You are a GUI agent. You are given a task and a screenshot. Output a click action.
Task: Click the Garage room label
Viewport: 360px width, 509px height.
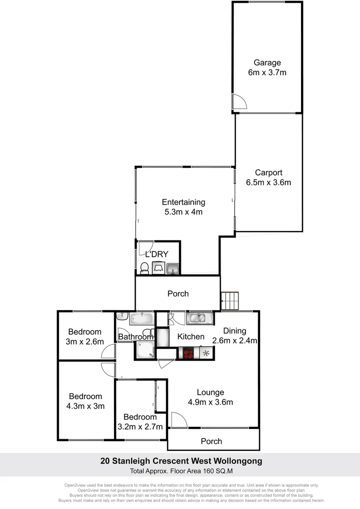[x=267, y=62]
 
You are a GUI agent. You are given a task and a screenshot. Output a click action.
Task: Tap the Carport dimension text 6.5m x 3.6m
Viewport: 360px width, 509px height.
[x=268, y=182]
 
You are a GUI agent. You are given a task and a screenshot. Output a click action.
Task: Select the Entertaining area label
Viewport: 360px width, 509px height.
[x=183, y=202]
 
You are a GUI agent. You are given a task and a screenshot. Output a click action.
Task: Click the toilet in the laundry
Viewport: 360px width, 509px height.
[x=145, y=268]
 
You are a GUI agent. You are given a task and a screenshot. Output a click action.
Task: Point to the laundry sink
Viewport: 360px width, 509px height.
[x=173, y=268]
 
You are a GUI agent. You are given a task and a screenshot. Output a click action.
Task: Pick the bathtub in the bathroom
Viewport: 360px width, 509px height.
[x=141, y=318]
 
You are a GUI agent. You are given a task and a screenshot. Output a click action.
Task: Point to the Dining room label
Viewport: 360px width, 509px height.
[x=234, y=331]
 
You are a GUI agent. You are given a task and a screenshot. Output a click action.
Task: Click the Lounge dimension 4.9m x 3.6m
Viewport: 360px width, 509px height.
[x=210, y=402]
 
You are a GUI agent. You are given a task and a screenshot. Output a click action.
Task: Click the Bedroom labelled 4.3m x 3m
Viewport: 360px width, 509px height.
[x=86, y=401]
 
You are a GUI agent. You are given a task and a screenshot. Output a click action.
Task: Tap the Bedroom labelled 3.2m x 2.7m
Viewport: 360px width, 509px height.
[x=140, y=422]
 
